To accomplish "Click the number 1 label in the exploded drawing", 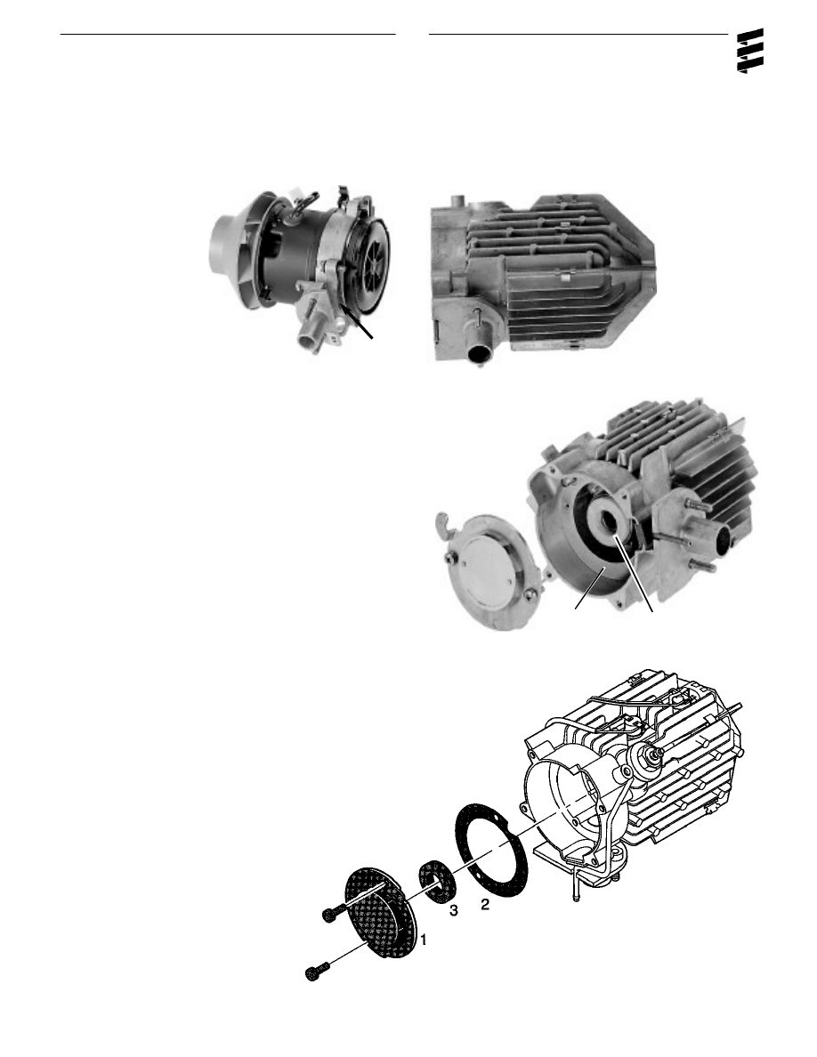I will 425,939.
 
